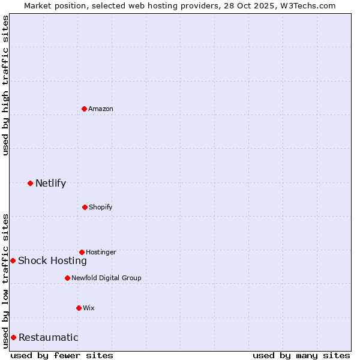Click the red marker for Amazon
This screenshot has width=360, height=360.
(85, 109)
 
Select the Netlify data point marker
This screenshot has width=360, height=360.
(30, 183)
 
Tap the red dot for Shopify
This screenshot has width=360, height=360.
(85, 207)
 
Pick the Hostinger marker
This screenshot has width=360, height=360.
(82, 252)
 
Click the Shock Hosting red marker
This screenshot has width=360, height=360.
(13, 260)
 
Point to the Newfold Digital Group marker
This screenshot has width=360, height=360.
(67, 278)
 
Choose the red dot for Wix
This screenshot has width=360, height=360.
(79, 308)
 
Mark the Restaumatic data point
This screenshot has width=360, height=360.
(13, 337)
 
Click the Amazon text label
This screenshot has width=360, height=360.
(101, 109)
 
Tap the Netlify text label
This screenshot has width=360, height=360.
(50, 183)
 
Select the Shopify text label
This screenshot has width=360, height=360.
(100, 207)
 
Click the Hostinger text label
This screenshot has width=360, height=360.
(101, 252)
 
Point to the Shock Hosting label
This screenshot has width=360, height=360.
(52, 260)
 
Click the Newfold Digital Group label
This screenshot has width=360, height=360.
(106, 278)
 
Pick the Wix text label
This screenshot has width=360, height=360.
(89, 308)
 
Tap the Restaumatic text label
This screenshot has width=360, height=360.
(48, 337)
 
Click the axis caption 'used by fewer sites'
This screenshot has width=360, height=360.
(62, 355)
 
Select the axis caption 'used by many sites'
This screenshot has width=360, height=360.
(301, 355)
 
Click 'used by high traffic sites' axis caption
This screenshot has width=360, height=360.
(5, 85)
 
